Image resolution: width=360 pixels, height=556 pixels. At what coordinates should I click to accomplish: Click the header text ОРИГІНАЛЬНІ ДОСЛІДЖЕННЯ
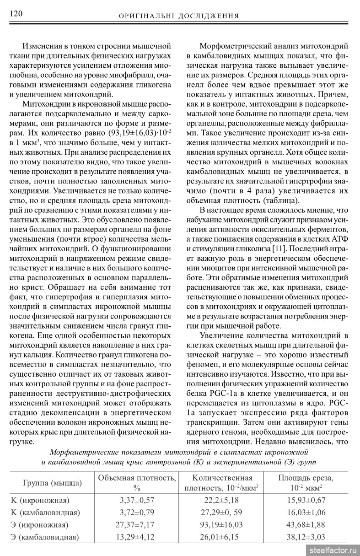click(179, 16)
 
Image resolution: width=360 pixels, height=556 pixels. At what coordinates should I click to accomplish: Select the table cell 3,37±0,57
click(137, 500)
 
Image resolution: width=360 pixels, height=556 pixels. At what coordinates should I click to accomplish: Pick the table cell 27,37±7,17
click(137, 524)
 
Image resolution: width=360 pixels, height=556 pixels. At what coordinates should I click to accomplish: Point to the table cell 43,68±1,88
click(306, 524)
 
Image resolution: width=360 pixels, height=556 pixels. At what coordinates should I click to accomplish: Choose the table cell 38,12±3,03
click(306, 537)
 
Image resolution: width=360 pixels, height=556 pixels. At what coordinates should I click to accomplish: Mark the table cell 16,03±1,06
click(306, 512)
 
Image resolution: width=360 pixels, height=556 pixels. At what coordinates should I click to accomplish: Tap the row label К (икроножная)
click(40, 500)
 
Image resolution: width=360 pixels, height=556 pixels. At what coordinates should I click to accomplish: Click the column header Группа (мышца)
click(53, 483)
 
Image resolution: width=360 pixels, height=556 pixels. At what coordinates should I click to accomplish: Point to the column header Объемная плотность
click(137, 478)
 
